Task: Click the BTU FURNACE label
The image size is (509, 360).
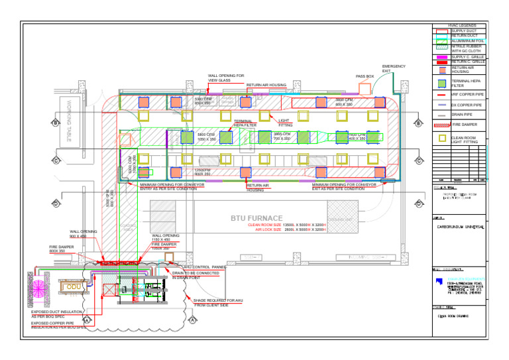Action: click(256, 218)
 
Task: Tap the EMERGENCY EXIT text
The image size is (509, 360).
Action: click(394, 69)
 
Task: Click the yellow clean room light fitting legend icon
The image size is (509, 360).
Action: click(442, 139)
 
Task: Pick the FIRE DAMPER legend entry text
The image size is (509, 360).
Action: click(464, 124)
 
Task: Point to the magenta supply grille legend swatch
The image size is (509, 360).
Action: click(441, 58)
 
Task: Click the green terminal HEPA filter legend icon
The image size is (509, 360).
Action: click(442, 83)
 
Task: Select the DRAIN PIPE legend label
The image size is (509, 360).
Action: click(462, 115)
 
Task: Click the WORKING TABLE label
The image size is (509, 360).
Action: click(68, 120)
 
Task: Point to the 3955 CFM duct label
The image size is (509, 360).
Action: click(282, 137)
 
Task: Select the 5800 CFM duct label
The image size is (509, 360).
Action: click(206, 137)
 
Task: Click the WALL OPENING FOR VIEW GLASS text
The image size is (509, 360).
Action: click(226, 78)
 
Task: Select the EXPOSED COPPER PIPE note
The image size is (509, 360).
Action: click(58, 325)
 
